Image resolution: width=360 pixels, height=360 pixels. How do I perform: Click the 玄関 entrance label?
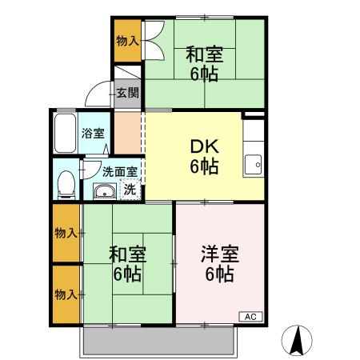[x=127, y=93]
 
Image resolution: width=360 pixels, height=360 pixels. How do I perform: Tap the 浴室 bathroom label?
[x=93, y=134]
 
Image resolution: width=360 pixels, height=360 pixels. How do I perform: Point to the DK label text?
[x=204, y=148]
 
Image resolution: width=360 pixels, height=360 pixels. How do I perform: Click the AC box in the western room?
[x=250, y=316]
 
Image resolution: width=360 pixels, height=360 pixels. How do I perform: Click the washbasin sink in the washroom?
[x=104, y=190]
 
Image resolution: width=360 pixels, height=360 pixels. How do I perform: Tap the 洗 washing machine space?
[x=129, y=190]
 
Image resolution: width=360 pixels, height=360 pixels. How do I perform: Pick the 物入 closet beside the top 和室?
[x=126, y=41]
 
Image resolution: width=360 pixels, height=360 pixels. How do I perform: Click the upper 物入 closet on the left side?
[x=66, y=233]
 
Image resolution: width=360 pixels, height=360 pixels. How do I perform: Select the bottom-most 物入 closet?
[x=66, y=294]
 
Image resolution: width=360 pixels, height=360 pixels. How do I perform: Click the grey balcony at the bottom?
[x=158, y=342]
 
